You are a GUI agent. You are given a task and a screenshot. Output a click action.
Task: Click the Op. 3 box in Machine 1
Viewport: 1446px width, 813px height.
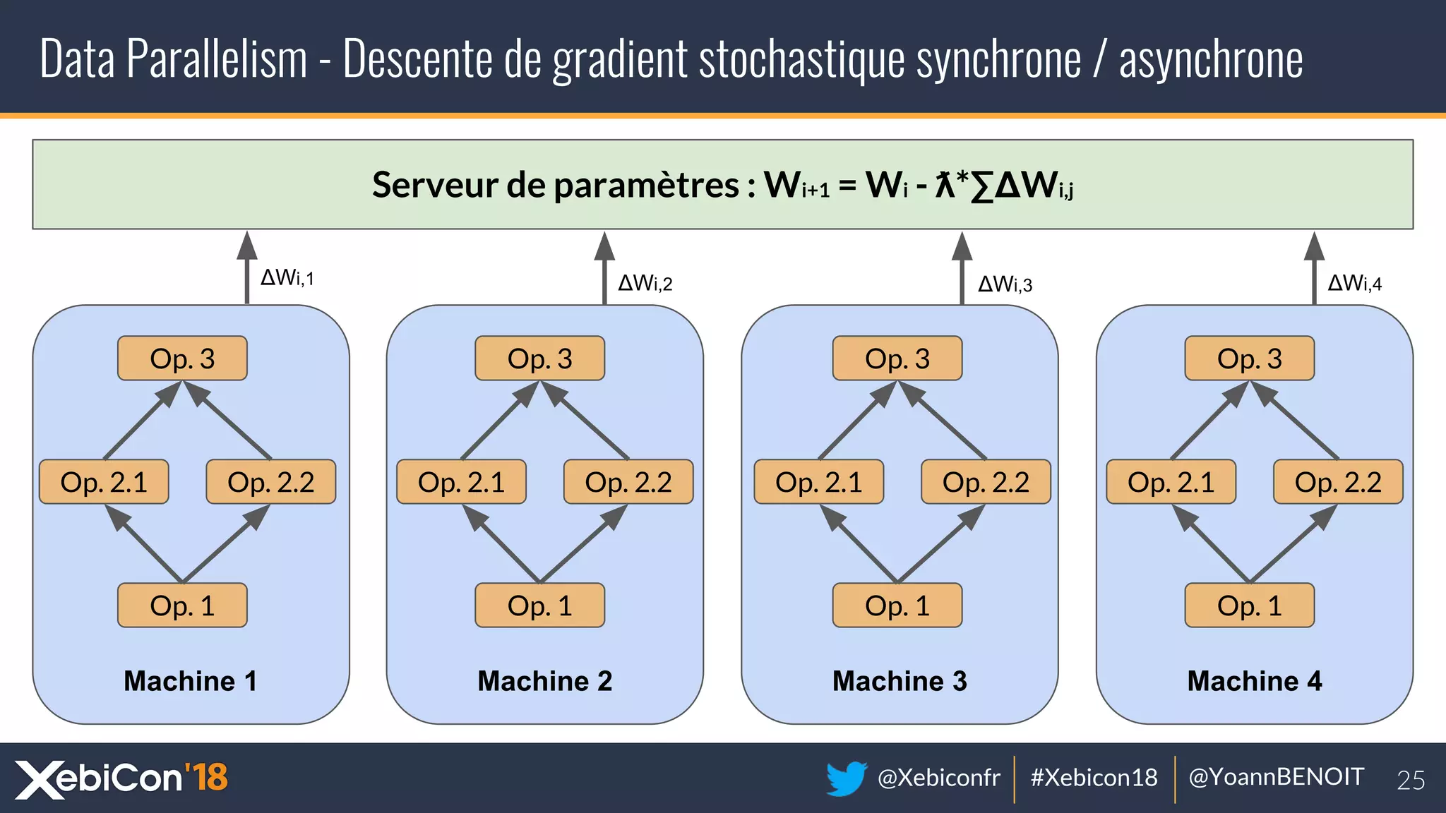182,359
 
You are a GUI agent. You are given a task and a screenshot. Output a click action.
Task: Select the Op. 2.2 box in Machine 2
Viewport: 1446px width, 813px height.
628,482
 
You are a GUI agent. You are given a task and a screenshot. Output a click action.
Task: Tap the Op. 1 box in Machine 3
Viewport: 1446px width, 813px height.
897,606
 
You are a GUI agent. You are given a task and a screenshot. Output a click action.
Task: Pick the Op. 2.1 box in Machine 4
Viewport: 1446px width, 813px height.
1171,482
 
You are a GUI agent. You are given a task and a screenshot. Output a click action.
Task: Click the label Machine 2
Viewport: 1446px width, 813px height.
544,681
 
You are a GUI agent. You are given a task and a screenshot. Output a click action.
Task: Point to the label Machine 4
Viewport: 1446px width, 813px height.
1254,681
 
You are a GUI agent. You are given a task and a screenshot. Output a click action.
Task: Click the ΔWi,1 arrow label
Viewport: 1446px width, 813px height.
287,277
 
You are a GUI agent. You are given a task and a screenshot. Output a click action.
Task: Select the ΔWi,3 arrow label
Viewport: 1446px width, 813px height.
1005,284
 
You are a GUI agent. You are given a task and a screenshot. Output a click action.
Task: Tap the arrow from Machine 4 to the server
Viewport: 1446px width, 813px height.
1313,268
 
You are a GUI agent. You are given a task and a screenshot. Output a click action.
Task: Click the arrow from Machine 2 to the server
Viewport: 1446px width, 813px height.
604,268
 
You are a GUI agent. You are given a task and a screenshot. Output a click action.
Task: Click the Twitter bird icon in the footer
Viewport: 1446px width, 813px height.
846,778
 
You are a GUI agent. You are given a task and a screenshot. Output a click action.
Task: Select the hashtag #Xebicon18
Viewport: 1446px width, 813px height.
1094,778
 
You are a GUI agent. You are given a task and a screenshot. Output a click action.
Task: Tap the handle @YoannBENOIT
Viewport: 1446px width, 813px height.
1276,777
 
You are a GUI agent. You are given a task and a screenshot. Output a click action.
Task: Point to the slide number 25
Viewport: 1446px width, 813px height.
1410,780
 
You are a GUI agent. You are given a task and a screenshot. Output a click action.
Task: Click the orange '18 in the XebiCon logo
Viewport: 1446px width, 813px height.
206,777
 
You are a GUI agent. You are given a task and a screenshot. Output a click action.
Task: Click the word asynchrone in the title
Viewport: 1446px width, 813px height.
1211,60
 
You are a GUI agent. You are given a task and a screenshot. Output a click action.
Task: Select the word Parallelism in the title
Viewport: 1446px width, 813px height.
217,59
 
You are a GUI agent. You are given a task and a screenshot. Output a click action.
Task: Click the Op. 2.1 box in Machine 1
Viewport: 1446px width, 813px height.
104,482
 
